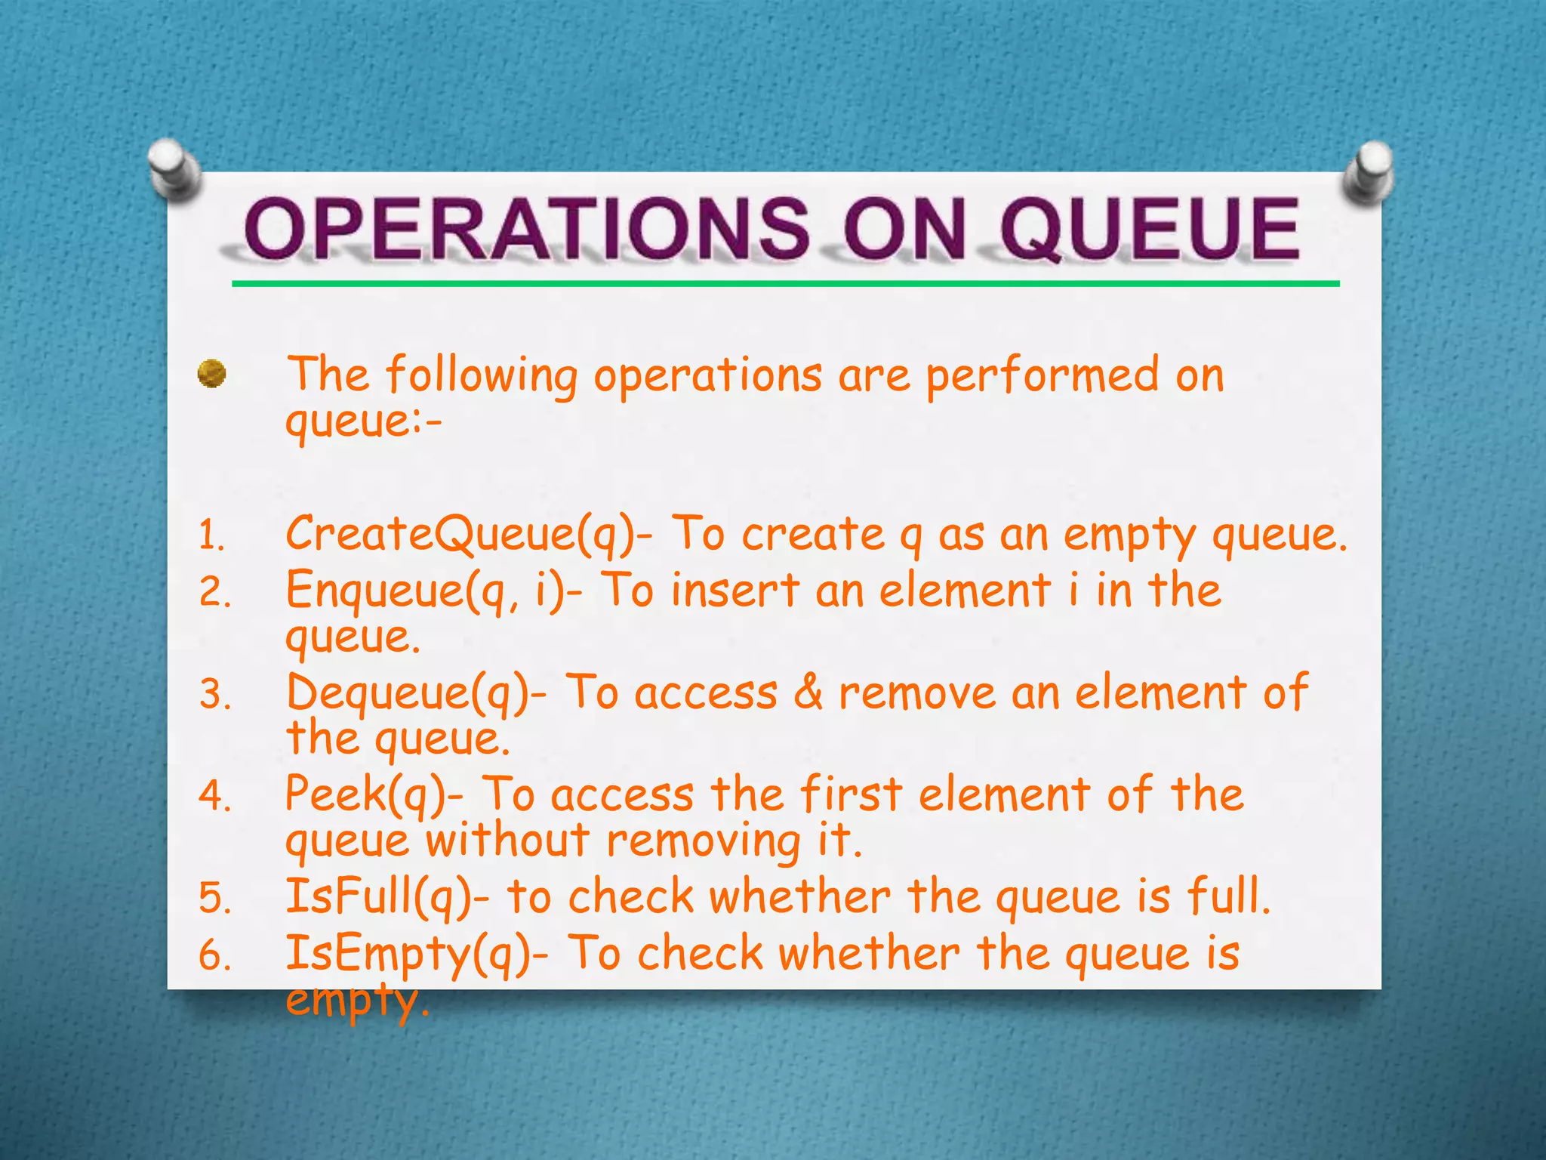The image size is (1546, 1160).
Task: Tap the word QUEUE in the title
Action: pos(1150,228)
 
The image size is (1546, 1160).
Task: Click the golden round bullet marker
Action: pos(212,374)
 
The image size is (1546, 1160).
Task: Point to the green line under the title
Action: pos(785,284)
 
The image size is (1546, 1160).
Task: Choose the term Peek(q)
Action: pos(374,795)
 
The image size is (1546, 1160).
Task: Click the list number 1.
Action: pos(211,537)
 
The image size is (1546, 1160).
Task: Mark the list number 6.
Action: pos(214,956)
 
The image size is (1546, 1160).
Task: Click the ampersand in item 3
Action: pos(808,692)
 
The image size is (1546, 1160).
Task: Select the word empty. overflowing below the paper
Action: pos(357,1001)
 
